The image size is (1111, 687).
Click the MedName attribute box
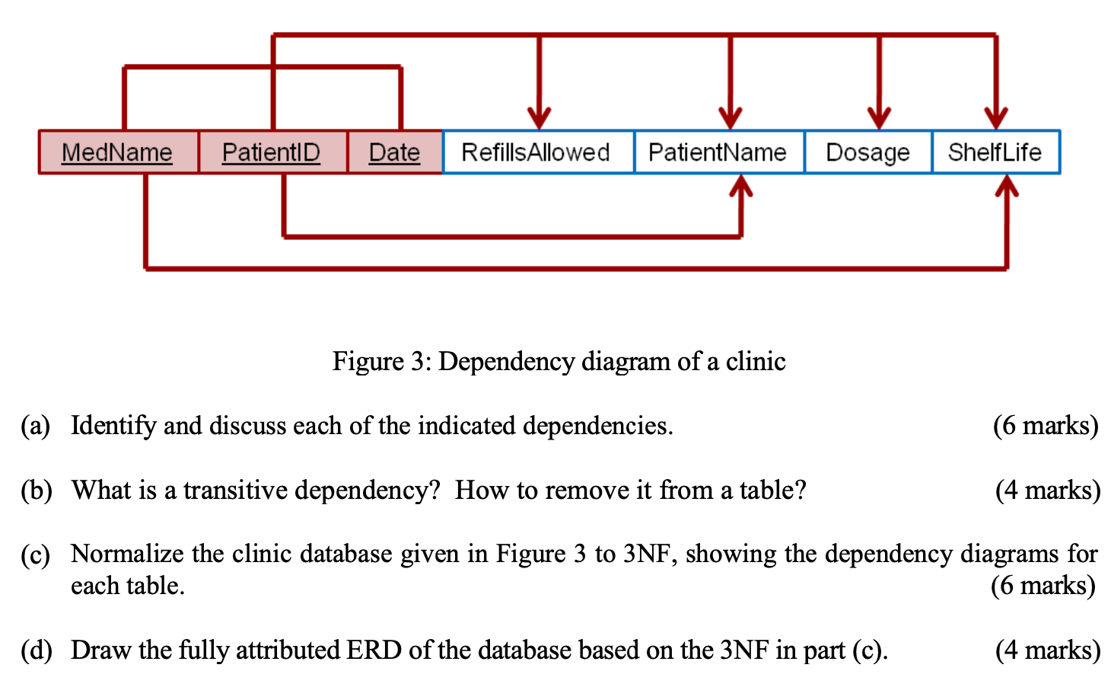coord(118,152)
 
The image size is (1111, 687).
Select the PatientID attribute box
coord(272,152)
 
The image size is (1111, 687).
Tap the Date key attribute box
coord(394,152)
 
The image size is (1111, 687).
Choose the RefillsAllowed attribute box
coord(536,152)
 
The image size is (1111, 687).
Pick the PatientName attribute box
coord(718,152)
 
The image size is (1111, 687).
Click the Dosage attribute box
coord(867,152)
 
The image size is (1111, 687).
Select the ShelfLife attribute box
coord(995,152)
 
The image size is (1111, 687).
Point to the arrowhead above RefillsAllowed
coord(539,119)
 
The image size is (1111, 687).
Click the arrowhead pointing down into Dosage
coord(879,119)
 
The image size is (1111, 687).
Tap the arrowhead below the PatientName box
coord(741,185)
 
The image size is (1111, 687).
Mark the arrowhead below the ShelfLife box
coord(1007,185)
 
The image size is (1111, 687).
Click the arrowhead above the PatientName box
coord(730,119)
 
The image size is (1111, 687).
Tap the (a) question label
coord(35,426)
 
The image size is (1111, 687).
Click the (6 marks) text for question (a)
coord(1046,426)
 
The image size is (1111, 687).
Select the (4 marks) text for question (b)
coord(1047,490)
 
